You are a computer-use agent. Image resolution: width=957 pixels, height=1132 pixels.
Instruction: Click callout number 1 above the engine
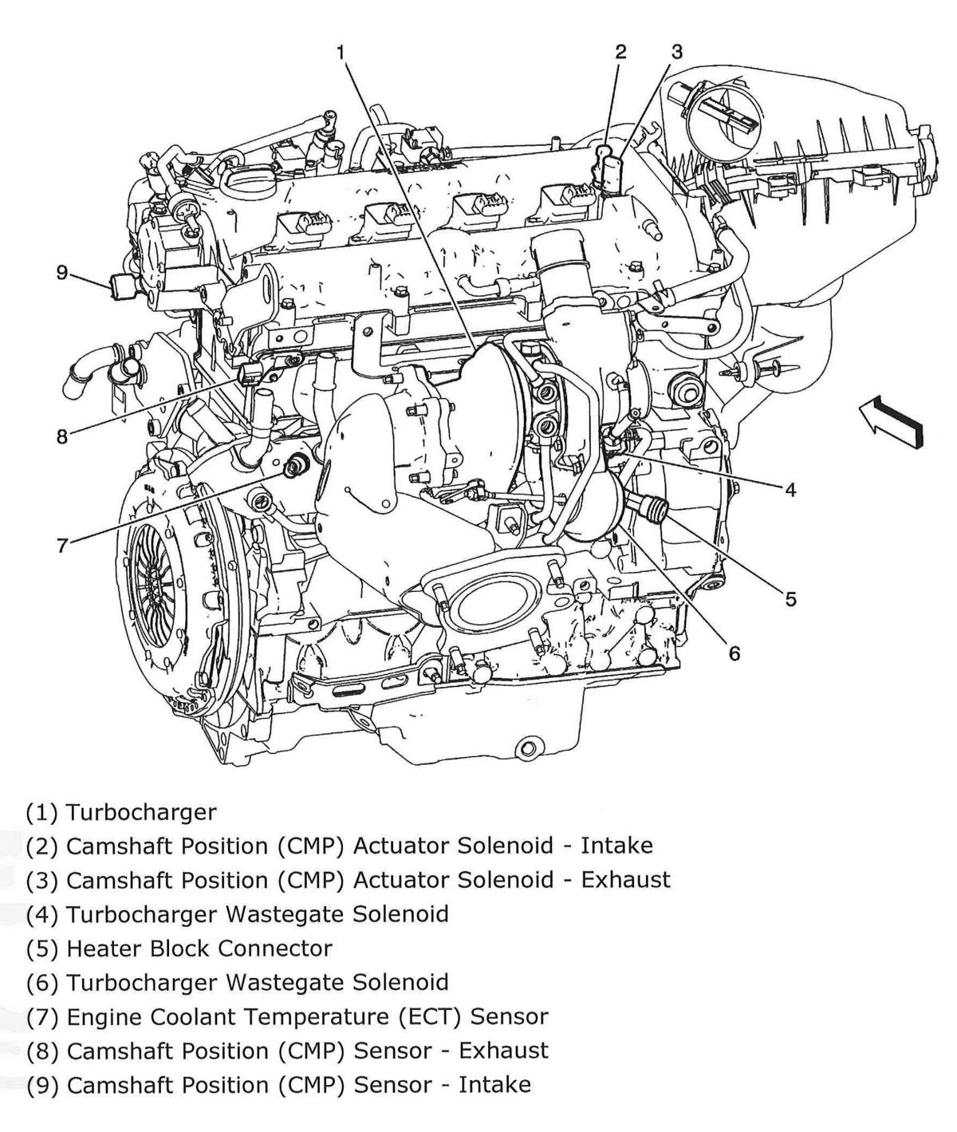341,53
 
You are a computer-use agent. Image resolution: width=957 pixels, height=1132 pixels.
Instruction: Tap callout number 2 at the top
620,53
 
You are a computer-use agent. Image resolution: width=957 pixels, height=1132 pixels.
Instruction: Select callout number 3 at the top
676,53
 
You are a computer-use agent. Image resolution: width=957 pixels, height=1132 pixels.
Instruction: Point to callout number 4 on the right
790,490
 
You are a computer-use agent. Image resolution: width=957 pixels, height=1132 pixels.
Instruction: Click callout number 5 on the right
790,598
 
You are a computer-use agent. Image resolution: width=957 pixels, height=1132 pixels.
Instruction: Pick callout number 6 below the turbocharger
734,653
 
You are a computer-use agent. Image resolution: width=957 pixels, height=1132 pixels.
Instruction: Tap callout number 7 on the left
62,546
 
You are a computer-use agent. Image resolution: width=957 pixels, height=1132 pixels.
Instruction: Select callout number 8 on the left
62,437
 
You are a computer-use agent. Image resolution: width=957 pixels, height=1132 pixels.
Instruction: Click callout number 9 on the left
62,273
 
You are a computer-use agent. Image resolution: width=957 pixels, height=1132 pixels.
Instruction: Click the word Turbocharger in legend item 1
141,812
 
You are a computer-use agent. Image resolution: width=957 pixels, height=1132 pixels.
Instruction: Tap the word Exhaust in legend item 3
625,880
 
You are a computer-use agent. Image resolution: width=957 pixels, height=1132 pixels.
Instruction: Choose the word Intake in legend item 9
494,1085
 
